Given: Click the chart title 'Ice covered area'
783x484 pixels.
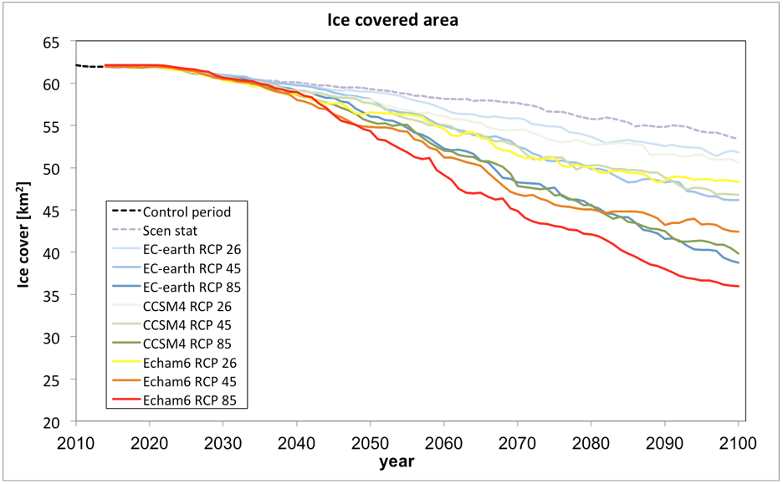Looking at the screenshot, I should point(392,20).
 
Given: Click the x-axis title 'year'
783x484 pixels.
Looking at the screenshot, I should point(396,461).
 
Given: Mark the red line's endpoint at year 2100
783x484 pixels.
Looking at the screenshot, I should point(738,286).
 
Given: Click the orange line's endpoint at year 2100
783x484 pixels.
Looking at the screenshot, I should point(738,232).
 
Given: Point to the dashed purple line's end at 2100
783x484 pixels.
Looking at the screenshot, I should point(738,139).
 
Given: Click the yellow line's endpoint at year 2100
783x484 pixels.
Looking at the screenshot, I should point(738,181).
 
